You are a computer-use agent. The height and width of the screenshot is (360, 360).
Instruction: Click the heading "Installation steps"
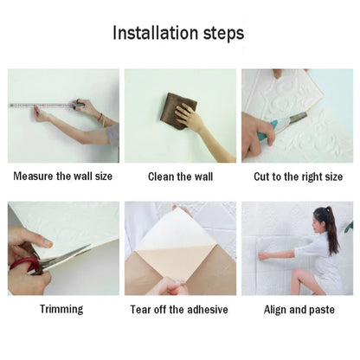click(179, 34)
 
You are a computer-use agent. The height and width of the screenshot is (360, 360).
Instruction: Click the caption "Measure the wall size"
click(63, 177)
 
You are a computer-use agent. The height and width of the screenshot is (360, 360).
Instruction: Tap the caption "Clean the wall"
click(179, 177)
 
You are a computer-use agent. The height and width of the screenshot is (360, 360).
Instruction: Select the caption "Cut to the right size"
click(298, 177)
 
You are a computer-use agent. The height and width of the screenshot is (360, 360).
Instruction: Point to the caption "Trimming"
click(61, 309)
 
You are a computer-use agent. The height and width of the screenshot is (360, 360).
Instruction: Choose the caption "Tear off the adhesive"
click(179, 309)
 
